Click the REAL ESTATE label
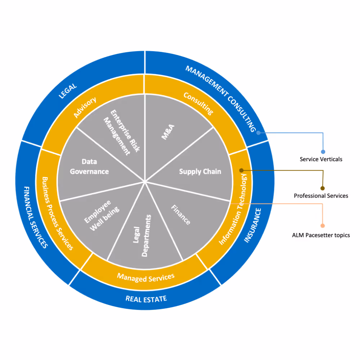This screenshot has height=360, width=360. pyautogui.click(x=146, y=298)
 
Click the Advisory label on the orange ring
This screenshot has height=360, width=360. pyautogui.click(x=85, y=107)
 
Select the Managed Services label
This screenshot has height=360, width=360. pyautogui.click(x=146, y=277)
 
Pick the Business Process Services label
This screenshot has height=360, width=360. pyautogui.click(x=58, y=213)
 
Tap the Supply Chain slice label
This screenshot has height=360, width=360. pyautogui.click(x=200, y=172)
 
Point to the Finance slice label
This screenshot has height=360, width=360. pyautogui.click(x=180, y=215)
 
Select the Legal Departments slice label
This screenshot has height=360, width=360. pyautogui.click(x=141, y=236)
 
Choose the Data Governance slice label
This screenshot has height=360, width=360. pyautogui.click(x=89, y=167)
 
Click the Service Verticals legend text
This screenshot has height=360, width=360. pyautogui.click(x=321, y=159)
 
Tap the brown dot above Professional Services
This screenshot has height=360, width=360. pyautogui.click(x=323, y=188)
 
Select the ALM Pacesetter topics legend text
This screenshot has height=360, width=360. pyautogui.click(x=321, y=235)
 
